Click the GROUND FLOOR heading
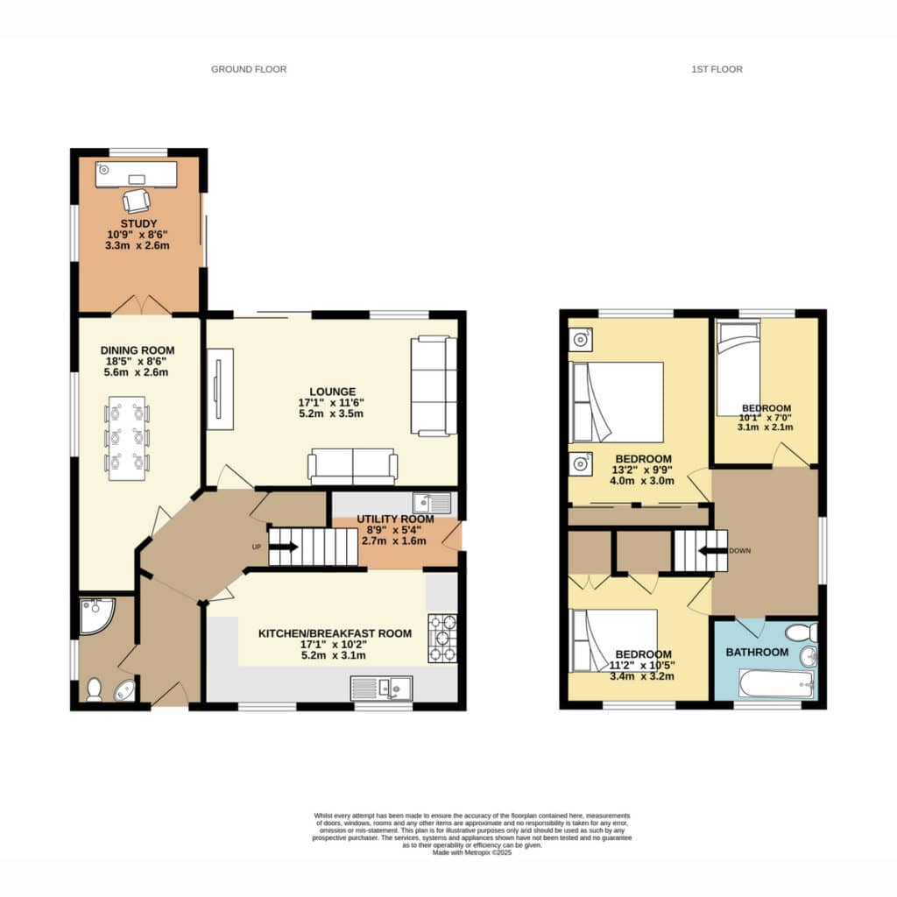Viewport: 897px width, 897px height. [249, 69]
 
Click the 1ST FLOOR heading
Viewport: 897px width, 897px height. [717, 69]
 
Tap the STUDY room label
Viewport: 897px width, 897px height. [138, 223]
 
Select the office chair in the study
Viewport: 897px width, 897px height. [137, 201]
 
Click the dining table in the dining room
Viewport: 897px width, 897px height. [127, 438]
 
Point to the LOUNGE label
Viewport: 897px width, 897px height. [332, 392]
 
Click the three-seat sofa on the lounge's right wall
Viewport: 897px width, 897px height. [434, 386]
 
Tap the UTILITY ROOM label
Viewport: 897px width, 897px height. [395, 519]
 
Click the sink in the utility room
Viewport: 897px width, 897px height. [432, 504]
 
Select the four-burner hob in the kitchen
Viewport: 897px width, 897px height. [442, 639]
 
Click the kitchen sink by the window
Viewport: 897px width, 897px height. [382, 689]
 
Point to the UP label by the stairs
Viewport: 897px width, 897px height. [257, 547]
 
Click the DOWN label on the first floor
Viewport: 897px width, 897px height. [739, 551]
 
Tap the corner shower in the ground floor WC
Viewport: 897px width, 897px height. [95, 615]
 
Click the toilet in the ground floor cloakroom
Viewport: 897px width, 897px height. [94, 689]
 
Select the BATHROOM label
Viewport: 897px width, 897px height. [757, 652]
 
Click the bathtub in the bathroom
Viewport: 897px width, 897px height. [776, 684]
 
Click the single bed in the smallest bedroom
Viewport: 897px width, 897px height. [738, 369]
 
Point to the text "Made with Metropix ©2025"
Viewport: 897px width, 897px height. [472, 852]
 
